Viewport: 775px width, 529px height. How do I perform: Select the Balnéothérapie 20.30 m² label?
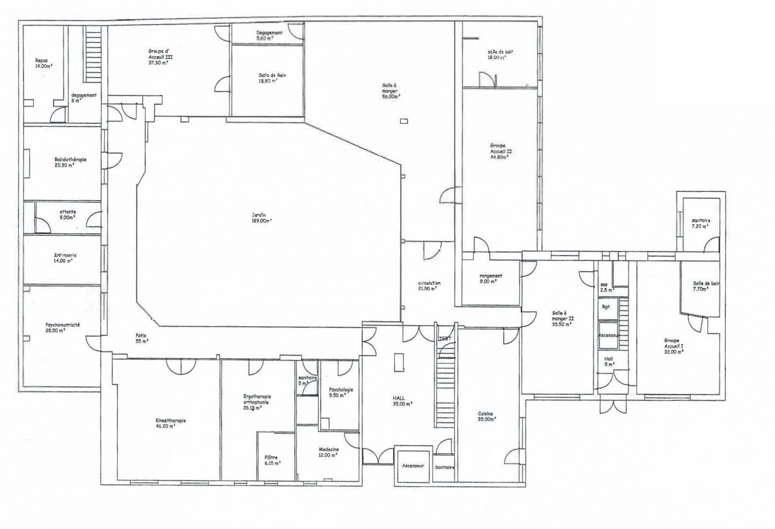70,162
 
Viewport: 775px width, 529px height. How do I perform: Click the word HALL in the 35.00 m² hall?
398,398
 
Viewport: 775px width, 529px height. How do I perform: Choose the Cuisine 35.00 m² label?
486,416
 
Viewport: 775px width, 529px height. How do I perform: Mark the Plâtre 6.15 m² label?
272,460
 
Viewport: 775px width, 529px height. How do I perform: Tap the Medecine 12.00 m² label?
329,452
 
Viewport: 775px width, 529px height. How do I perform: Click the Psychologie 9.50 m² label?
341,393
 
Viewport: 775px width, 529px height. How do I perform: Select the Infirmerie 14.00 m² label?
65,258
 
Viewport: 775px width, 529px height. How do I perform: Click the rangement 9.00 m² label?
490,279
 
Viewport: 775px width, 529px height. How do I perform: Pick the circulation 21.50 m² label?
429,285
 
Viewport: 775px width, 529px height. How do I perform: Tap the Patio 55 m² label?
141,338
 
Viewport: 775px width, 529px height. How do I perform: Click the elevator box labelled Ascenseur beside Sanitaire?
413,466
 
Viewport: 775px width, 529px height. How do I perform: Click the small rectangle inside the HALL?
399,362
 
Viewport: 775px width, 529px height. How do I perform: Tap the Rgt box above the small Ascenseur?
606,307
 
